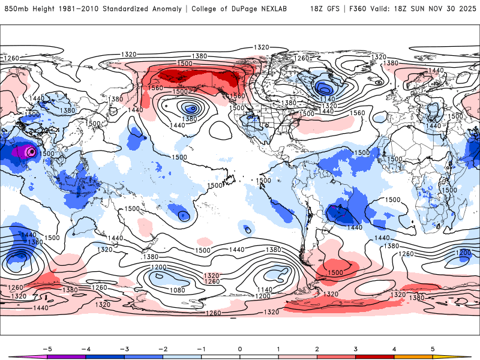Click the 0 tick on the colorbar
[x=240, y=348]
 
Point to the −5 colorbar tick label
[x=46, y=348]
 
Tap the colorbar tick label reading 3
[x=356, y=348]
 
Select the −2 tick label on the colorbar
[x=162, y=348]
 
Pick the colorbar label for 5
[x=433, y=348]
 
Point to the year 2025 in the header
[x=466, y=9]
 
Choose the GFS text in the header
[x=331, y=9]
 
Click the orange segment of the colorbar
[x=414, y=356]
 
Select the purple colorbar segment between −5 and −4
[x=66, y=356]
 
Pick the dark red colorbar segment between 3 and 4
[x=375, y=356]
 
